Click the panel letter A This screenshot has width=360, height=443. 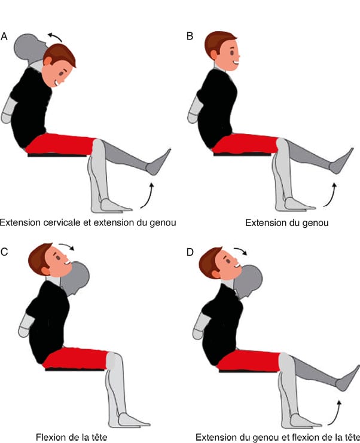[4, 36]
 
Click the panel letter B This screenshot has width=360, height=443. [190, 36]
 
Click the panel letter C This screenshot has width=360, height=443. [4, 252]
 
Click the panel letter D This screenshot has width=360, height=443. [190, 252]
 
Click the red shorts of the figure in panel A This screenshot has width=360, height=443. [63, 144]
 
